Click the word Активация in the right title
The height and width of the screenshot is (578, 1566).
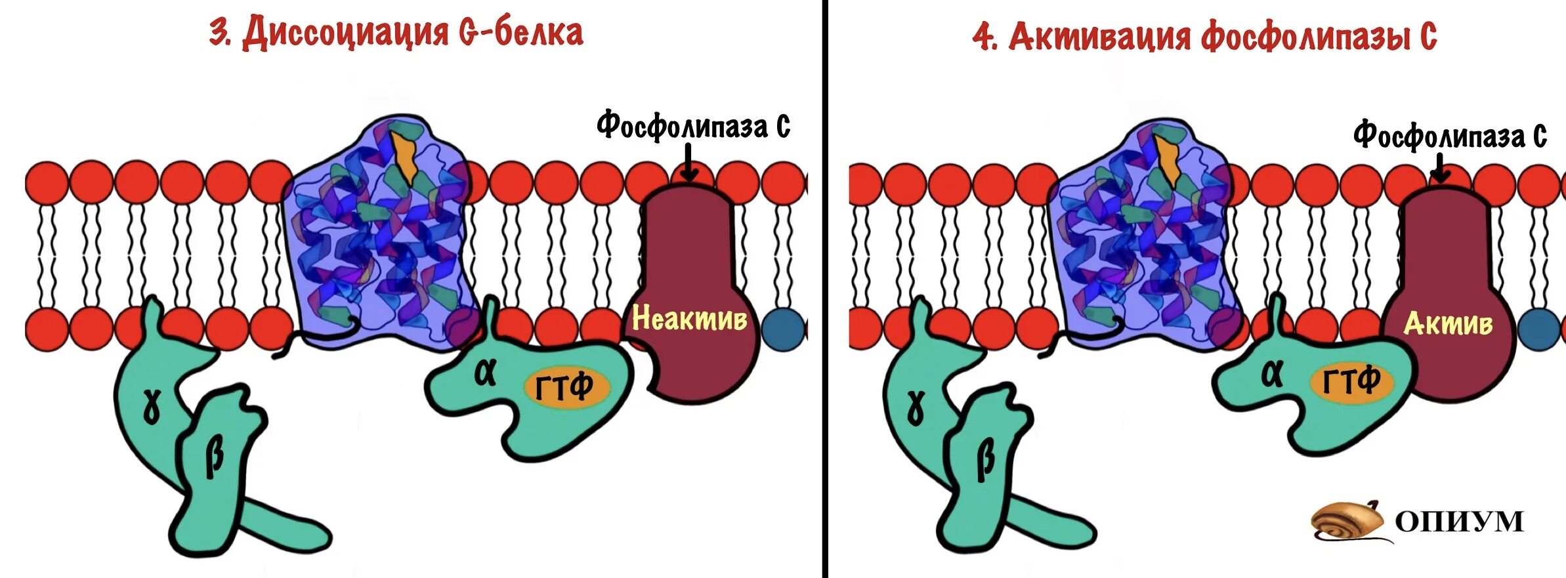pos(1099,36)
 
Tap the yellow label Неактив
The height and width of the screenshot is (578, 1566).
pos(689,319)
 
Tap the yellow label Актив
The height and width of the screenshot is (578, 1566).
pos(1448,323)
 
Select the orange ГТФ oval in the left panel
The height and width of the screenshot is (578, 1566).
pos(566,388)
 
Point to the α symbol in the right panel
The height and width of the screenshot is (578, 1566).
pos(1272,374)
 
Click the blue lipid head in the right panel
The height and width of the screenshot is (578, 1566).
pos(1538,329)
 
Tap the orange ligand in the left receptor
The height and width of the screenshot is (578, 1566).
pos(405,157)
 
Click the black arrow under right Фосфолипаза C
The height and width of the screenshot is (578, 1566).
pos(1440,168)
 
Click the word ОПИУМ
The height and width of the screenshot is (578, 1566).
pos(1458,522)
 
